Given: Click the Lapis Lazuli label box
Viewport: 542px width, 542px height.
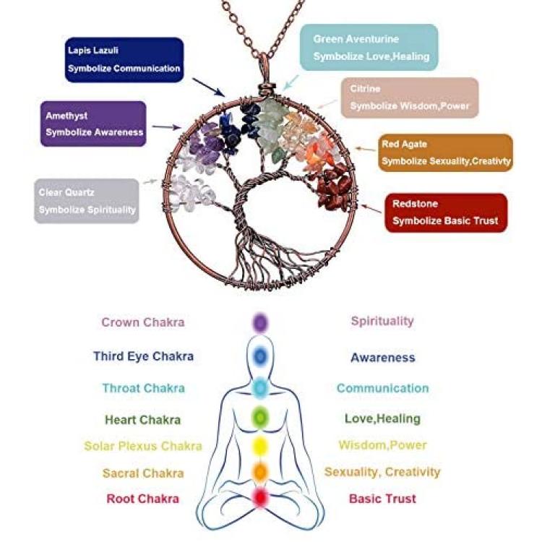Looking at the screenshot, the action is click(x=124, y=60).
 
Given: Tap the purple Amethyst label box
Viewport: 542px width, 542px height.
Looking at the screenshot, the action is click(x=93, y=124).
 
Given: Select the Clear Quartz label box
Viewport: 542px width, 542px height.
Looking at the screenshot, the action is click(x=87, y=201).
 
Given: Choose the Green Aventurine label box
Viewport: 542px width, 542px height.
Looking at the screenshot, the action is click(x=369, y=48).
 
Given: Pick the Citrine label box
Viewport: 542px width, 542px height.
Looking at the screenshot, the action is click(x=410, y=98).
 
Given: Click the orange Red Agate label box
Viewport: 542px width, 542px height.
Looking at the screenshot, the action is click(x=446, y=152).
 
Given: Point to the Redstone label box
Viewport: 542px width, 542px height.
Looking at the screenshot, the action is click(x=446, y=212).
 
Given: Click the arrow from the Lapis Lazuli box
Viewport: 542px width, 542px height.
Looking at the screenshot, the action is click(x=208, y=87).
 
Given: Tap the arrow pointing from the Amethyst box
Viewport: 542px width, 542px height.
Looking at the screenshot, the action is click(x=167, y=127).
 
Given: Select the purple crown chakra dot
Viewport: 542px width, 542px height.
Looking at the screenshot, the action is click(x=260, y=323).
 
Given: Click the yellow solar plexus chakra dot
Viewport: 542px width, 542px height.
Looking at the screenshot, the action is click(x=260, y=446).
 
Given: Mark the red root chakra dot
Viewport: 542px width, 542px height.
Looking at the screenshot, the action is click(x=260, y=497).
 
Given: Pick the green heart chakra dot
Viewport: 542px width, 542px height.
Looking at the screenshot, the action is click(x=260, y=418).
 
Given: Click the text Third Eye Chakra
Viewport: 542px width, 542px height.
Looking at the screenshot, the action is click(x=144, y=356).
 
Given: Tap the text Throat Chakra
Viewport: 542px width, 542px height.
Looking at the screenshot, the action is click(x=144, y=388).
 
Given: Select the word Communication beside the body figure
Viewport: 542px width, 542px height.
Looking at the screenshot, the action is click(x=382, y=388).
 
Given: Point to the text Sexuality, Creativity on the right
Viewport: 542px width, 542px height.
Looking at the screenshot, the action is click(x=382, y=472).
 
